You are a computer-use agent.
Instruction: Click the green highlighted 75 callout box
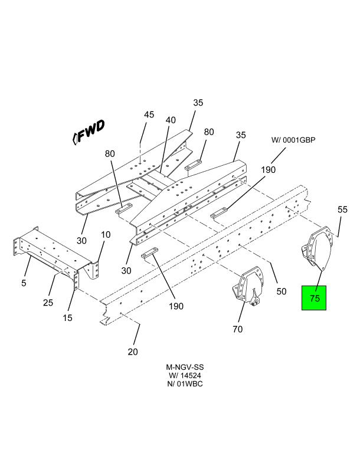(x=315, y=298)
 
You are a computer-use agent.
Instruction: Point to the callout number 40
(x=171, y=120)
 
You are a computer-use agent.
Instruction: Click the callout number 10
(x=106, y=235)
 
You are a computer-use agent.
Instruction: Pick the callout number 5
(x=24, y=283)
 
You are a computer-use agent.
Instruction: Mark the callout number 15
(x=68, y=318)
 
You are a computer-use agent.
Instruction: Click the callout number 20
(x=133, y=352)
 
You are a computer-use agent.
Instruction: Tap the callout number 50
(x=281, y=291)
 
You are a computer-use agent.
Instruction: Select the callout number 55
(x=342, y=209)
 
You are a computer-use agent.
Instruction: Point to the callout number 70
(x=237, y=329)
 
